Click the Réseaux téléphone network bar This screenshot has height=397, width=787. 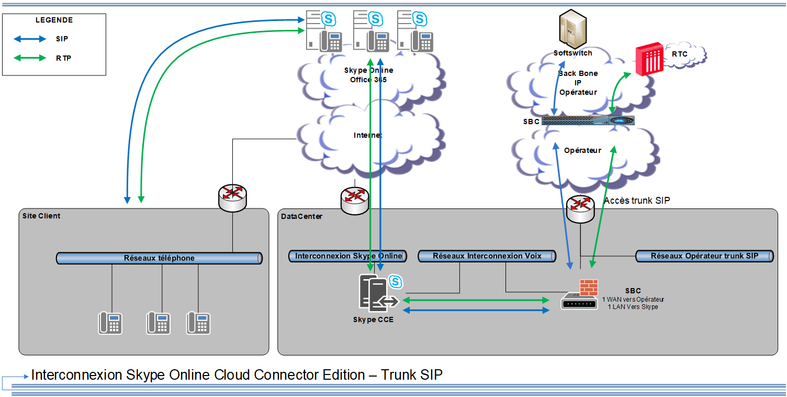point(159,258)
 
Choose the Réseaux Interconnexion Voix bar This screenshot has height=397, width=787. point(487,256)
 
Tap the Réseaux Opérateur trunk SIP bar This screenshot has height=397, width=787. point(704,256)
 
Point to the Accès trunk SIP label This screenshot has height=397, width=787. point(637,201)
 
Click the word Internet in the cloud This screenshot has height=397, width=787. point(367,135)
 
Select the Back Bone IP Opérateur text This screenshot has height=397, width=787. point(578,83)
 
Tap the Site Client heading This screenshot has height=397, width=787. point(41,216)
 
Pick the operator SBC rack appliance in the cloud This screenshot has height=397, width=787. point(588,121)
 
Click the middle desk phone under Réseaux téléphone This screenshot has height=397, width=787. point(159,323)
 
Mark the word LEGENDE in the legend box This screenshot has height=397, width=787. point(54,20)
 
